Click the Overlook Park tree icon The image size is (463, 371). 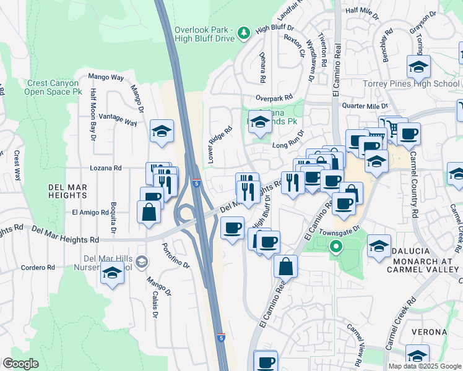click(244, 32)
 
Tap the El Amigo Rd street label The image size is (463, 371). click(91, 212)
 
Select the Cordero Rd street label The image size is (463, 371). click(38, 268)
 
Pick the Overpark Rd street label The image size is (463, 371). click(274, 98)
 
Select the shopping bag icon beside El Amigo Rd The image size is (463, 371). click(149, 212)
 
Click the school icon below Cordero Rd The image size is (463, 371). click(111, 272)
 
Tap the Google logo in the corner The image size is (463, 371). click(20, 363)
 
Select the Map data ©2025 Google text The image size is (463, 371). click(424, 366)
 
